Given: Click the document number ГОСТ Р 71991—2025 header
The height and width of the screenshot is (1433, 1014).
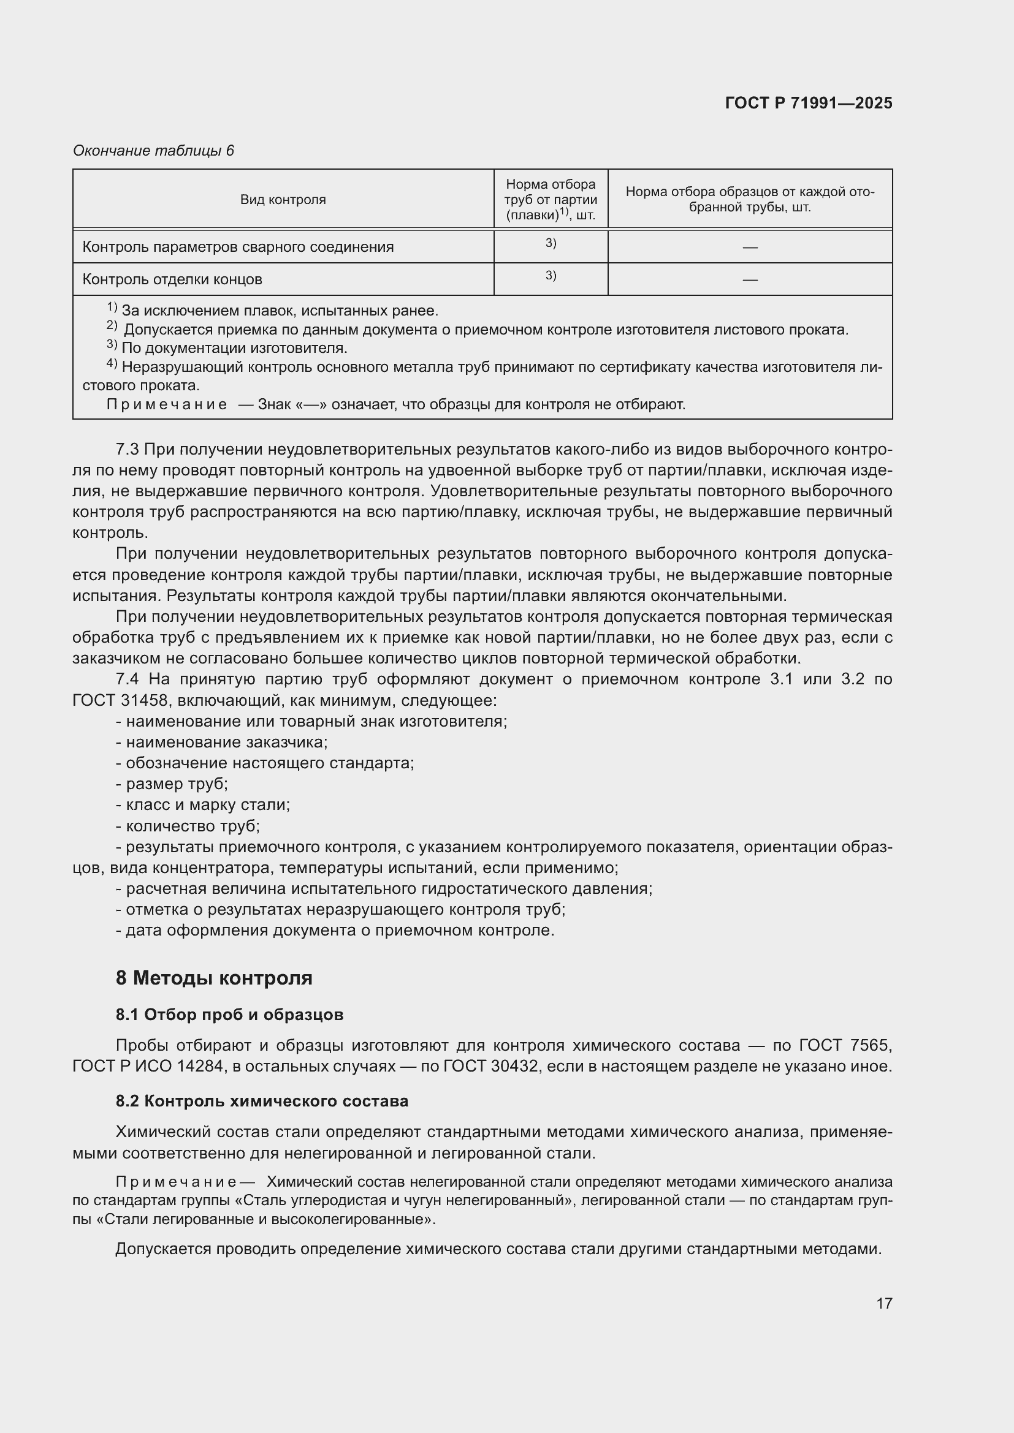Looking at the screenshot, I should pyautogui.click(x=808, y=104).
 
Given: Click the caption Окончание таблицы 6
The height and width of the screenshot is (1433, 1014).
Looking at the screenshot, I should pyautogui.click(x=153, y=151).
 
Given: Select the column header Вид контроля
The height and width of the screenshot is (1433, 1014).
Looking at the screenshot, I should pyautogui.click(x=283, y=200).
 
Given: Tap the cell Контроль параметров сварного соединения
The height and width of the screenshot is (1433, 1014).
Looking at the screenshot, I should pyautogui.click(x=238, y=247).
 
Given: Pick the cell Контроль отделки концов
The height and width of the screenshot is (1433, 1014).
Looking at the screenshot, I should pyautogui.click(x=172, y=279).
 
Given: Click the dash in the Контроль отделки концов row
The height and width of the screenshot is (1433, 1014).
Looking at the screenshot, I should pyautogui.click(x=749, y=280).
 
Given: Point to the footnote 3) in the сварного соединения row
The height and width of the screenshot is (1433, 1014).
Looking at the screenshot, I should pyautogui.click(x=550, y=243).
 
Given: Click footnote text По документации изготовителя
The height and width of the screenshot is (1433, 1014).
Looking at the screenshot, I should pyautogui.click(x=234, y=348).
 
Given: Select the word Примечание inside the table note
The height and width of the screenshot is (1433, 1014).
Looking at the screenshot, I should pyautogui.click(x=167, y=404).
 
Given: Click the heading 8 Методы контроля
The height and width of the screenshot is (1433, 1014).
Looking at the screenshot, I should pyautogui.click(x=213, y=978).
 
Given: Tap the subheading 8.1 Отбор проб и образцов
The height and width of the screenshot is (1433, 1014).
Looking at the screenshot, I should pyautogui.click(x=229, y=1015).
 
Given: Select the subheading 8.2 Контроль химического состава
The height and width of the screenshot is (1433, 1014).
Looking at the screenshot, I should pyautogui.click(x=262, y=1101).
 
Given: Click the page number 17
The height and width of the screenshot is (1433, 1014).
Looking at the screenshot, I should pyautogui.click(x=883, y=1303).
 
